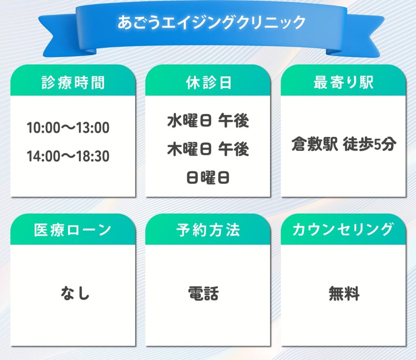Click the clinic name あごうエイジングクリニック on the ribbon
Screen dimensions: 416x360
click(211, 22)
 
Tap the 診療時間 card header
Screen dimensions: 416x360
click(73, 82)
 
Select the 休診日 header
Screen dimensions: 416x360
click(208, 82)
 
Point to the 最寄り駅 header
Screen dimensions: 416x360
click(344, 82)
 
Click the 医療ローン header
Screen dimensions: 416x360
click(73, 230)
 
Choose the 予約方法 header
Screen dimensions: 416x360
click(208, 230)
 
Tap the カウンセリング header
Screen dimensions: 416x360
click(343, 230)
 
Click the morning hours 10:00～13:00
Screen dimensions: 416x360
click(68, 128)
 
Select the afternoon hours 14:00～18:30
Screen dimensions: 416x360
click(68, 156)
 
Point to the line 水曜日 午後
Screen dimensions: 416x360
click(208, 121)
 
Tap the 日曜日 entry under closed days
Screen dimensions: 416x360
click(208, 177)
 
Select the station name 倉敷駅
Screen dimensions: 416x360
click(315, 144)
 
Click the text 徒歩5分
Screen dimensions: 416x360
click(370, 144)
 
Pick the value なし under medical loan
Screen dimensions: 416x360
click(75, 293)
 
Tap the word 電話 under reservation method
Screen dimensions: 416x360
click(204, 293)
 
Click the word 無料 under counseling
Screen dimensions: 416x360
click(344, 293)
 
